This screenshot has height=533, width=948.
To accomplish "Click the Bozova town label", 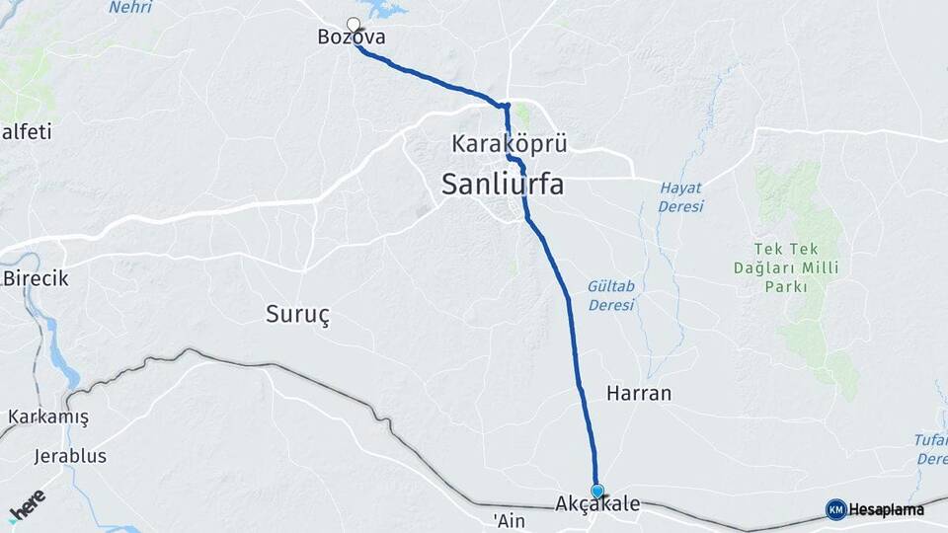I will pyautogui.click(x=351, y=38).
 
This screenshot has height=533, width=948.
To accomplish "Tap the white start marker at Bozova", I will pyautogui.click(x=354, y=25).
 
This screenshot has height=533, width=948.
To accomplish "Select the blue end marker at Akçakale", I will pyautogui.click(x=597, y=491).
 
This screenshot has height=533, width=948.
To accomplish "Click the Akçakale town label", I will pyautogui.click(x=597, y=504).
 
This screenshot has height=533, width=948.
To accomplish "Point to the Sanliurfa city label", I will pyautogui.click(x=503, y=183).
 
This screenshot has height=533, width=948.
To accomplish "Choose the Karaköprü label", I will pyautogui.click(x=509, y=144).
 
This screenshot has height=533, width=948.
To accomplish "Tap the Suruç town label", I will pyautogui.click(x=297, y=314).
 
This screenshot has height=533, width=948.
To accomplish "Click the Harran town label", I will pyautogui.click(x=639, y=393).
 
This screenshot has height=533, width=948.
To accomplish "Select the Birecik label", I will pyautogui.click(x=36, y=278).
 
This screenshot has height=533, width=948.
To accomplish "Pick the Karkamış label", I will pyautogui.click(x=48, y=417).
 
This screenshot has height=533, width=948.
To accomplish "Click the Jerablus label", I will pyautogui.click(x=70, y=456).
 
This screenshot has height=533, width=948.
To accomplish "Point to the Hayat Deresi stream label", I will pyautogui.click(x=681, y=196).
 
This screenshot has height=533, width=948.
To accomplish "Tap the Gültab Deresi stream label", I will pyautogui.click(x=610, y=295).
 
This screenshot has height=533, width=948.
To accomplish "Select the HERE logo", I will pyautogui.click(x=27, y=504).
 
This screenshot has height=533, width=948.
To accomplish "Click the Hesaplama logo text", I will pyautogui.click(x=886, y=509).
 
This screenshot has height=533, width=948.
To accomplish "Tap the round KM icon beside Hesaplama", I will pyautogui.click(x=835, y=509).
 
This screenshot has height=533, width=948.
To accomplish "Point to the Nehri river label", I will pyautogui.click(x=130, y=8).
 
